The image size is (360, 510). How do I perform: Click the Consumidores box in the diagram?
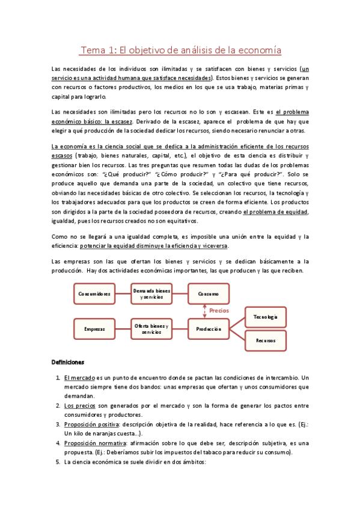94,293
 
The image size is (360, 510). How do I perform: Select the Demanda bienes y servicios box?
151,293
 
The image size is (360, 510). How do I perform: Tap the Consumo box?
208,293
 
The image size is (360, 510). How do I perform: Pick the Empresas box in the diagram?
94,328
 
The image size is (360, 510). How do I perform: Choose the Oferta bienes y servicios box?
151,328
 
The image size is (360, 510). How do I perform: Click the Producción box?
208,328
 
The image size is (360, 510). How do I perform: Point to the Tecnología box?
265,316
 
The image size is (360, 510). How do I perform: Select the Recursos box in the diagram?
265,340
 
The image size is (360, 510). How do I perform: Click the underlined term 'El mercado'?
79,378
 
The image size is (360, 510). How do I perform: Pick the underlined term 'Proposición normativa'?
93,443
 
